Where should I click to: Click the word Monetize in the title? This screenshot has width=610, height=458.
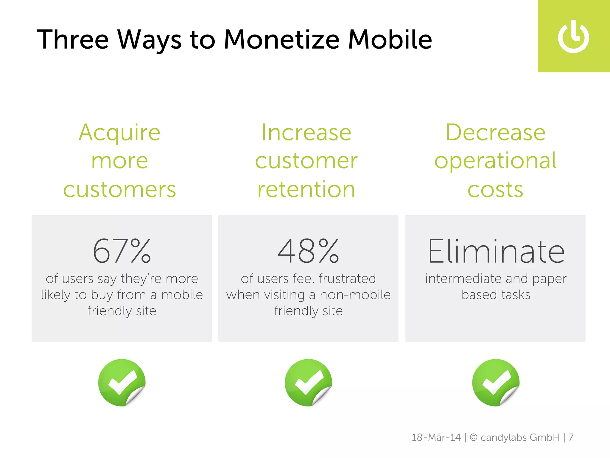(281, 39)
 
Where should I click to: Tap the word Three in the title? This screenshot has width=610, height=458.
(73, 39)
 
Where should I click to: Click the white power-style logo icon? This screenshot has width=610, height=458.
(573, 37)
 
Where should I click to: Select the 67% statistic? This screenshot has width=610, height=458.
(122, 251)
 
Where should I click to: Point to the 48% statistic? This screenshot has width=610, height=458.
(308, 251)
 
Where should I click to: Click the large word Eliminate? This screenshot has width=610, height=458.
(496, 251)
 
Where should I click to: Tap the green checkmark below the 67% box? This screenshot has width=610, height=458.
(122, 383)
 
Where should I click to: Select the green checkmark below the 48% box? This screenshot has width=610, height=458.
(308, 383)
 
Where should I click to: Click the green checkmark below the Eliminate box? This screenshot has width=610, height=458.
(496, 383)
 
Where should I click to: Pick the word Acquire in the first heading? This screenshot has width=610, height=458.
(119, 132)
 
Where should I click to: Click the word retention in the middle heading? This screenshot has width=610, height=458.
(306, 189)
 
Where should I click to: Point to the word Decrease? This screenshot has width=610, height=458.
(495, 132)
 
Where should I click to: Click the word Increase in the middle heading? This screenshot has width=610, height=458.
(306, 132)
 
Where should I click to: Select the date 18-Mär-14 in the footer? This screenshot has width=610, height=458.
(436, 437)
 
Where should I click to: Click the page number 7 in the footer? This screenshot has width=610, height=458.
(571, 437)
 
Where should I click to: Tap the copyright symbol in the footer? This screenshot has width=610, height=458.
(474, 437)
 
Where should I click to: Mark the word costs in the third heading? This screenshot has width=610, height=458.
(495, 190)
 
